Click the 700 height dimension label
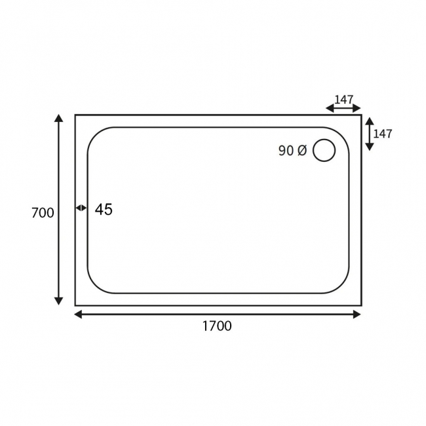[x=42, y=212]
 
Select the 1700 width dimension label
[x=217, y=326]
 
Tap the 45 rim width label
[x=104, y=210]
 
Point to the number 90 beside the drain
[x=286, y=151]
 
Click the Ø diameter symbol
[x=301, y=151]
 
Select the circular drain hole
[x=324, y=150]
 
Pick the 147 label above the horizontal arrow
[x=344, y=100]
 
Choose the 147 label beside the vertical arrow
[x=382, y=134]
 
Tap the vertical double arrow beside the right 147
[x=369, y=134]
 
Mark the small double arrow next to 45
[x=81, y=208]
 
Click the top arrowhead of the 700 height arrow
[x=59, y=119]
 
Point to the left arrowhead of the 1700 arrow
[x=79, y=314]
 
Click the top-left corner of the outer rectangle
[x=75, y=115]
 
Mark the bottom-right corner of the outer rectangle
[x=361, y=305]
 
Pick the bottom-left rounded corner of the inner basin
[x=95, y=286]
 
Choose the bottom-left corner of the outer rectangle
[x=75, y=305]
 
